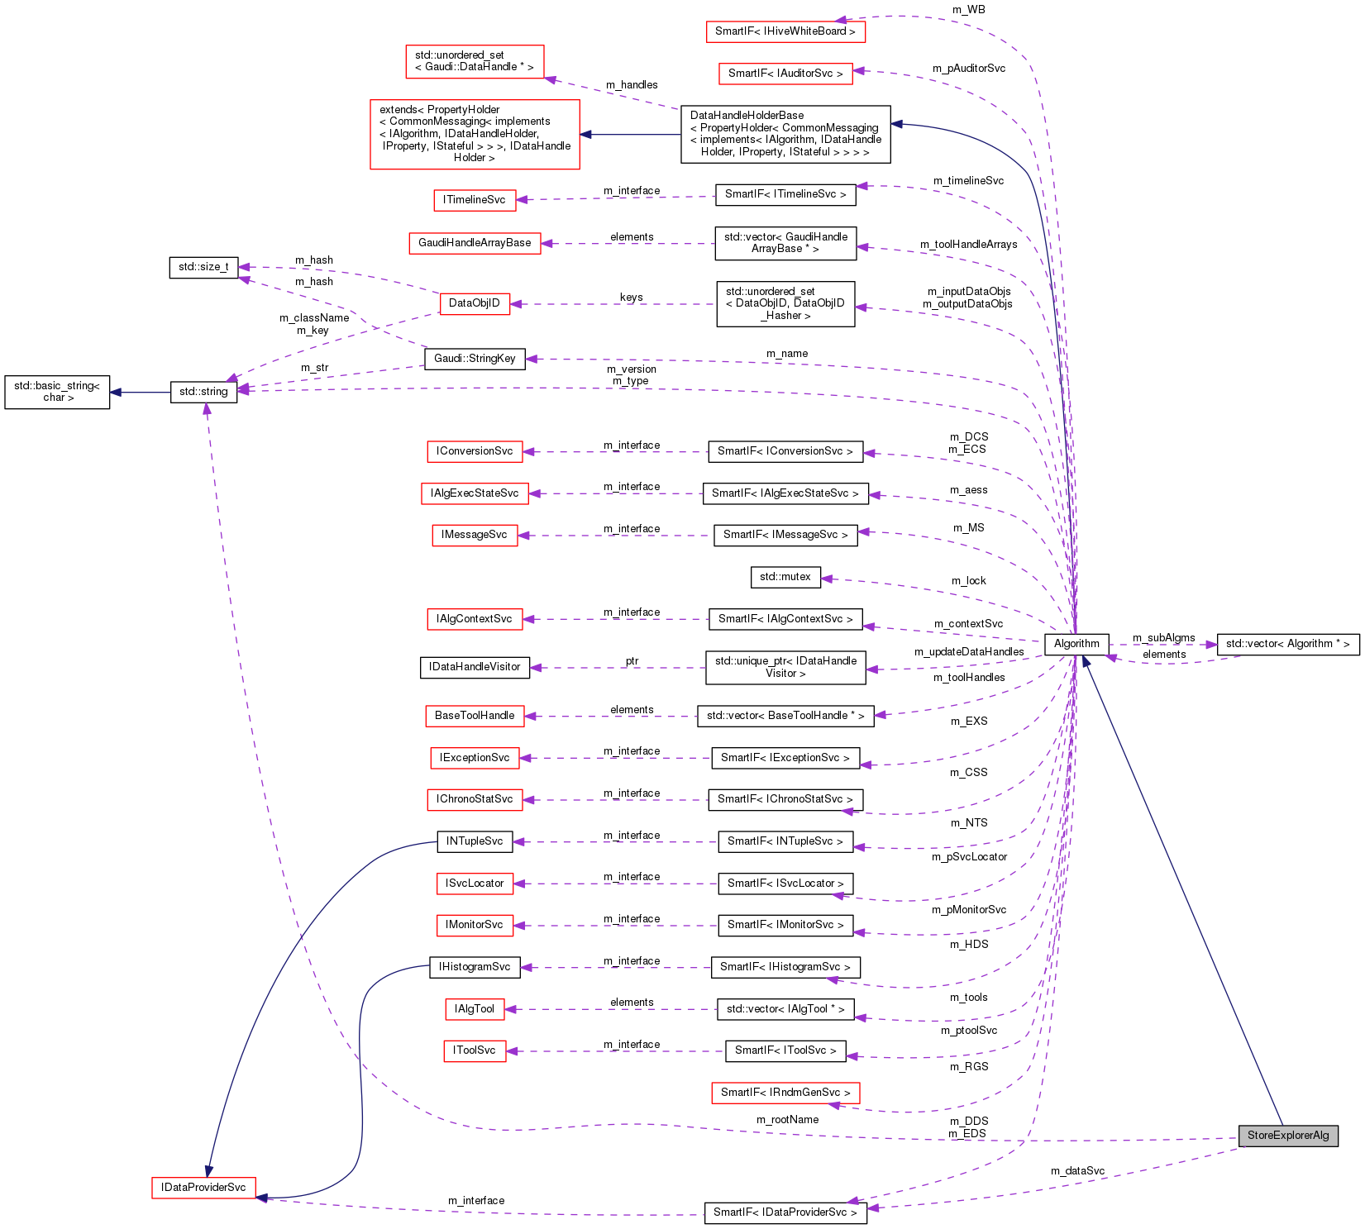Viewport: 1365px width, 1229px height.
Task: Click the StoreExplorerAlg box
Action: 1287,1135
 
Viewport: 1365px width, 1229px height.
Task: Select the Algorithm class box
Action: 1076,644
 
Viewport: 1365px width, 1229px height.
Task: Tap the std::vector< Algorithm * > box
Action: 1287,644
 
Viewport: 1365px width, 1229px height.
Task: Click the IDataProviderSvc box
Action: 203,1188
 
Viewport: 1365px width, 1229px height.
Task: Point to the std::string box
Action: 203,392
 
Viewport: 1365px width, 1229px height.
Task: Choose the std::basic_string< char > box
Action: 57,392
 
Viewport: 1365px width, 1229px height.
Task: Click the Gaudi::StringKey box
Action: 475,359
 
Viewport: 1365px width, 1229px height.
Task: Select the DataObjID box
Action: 475,303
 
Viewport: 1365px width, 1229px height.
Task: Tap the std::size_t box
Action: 203,268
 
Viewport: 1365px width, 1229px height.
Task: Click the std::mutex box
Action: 785,577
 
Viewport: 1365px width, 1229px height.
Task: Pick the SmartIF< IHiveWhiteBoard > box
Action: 785,31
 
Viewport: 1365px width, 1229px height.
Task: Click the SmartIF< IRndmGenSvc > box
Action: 785,1093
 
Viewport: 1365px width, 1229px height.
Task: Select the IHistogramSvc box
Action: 475,967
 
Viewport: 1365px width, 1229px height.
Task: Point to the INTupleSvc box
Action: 475,841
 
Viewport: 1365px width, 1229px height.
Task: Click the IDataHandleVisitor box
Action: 475,667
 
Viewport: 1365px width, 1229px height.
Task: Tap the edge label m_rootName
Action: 787,1120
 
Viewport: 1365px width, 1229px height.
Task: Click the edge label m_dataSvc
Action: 1077,1171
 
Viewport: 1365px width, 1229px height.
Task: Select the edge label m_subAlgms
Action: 1163,638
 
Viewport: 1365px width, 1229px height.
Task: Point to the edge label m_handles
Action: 632,85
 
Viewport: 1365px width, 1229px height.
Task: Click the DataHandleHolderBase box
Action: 785,134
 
